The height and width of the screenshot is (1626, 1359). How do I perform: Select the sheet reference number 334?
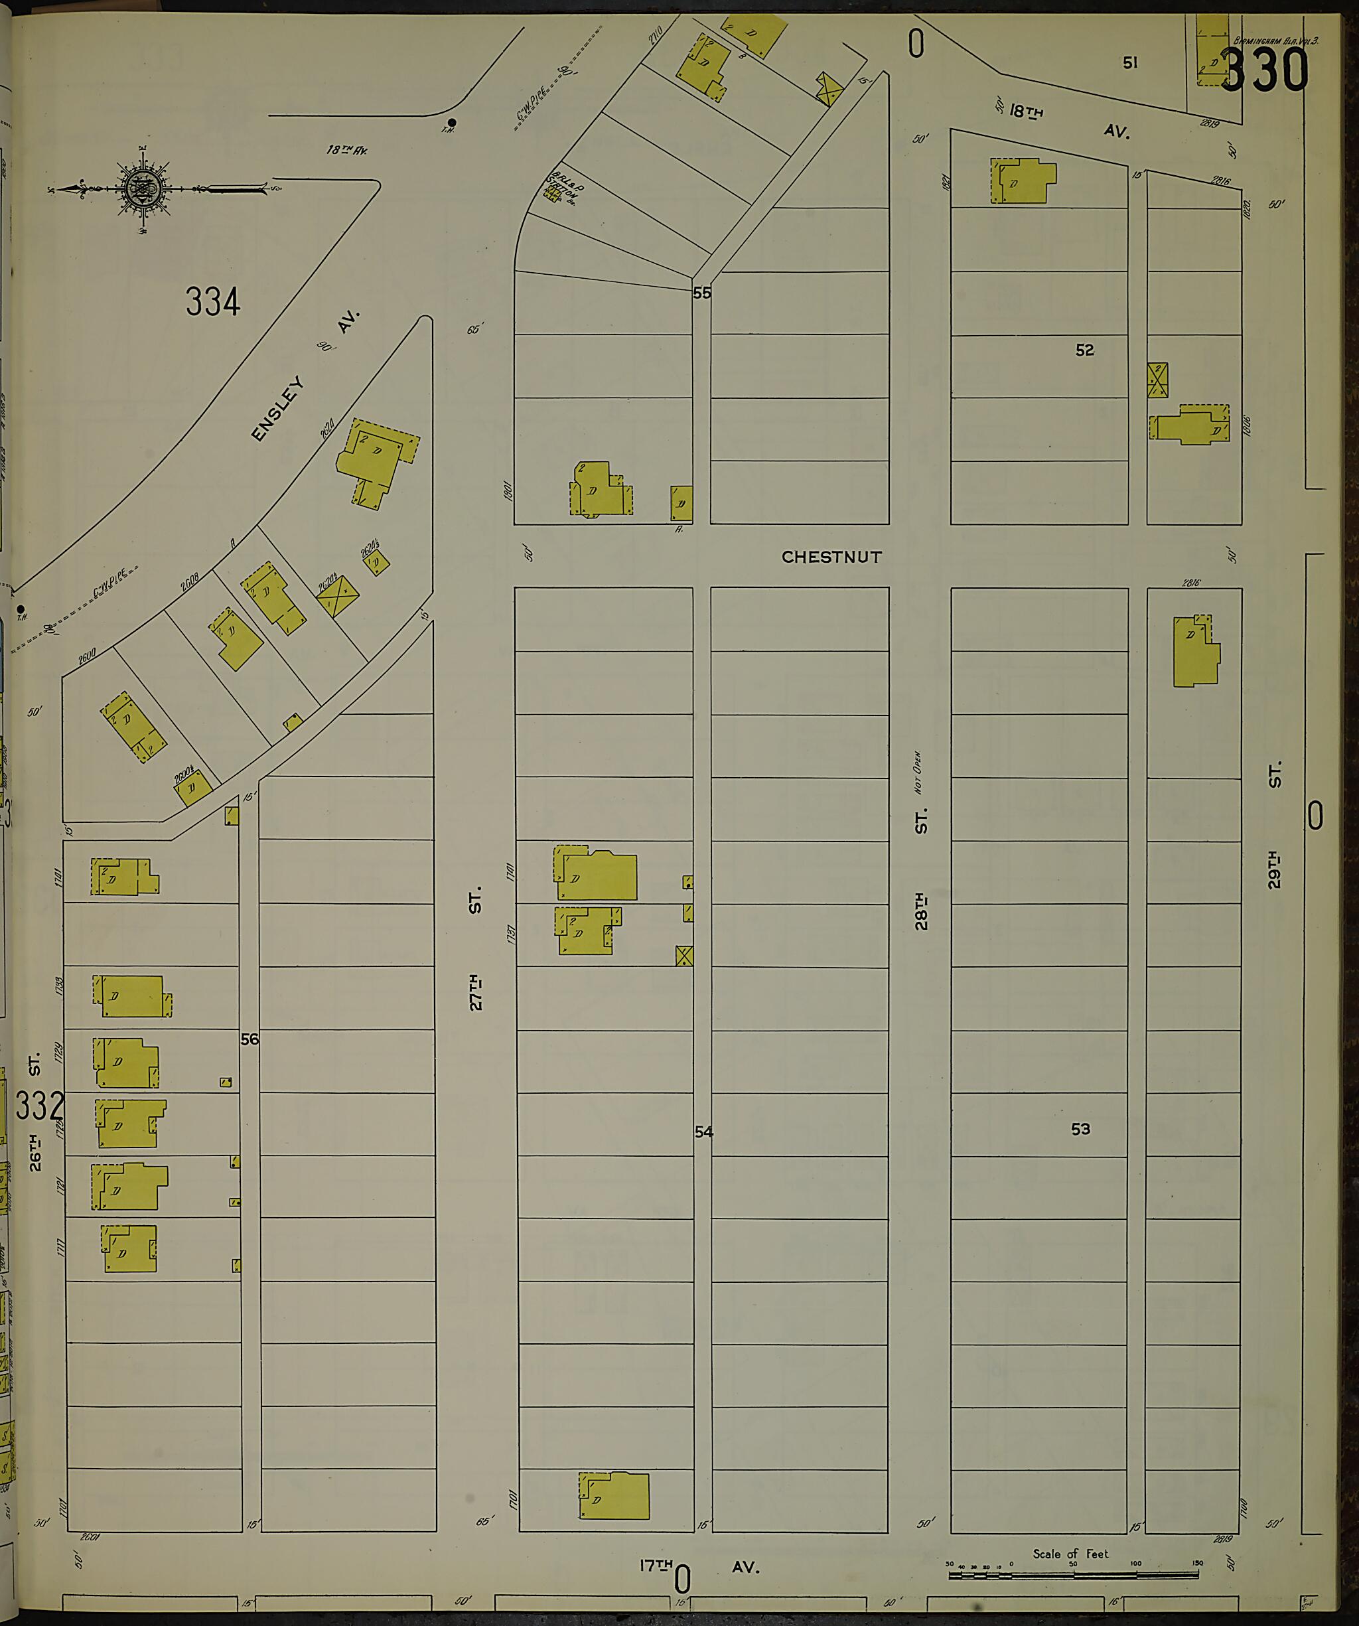click(x=213, y=301)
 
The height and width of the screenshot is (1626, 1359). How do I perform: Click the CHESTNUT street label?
click(x=831, y=557)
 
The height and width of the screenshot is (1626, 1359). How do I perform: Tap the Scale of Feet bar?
click(x=1072, y=1575)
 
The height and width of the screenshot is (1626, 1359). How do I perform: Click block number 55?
click(x=701, y=293)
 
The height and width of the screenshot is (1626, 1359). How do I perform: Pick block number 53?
click(x=1080, y=1129)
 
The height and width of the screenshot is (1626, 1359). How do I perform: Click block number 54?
click(x=703, y=1132)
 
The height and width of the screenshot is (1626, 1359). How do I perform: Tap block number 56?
click(x=250, y=1039)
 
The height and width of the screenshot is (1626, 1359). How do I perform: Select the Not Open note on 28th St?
click(x=918, y=772)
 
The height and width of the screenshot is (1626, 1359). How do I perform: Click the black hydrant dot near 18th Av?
click(x=451, y=122)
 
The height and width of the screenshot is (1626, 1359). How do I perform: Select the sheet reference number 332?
click(x=38, y=1106)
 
